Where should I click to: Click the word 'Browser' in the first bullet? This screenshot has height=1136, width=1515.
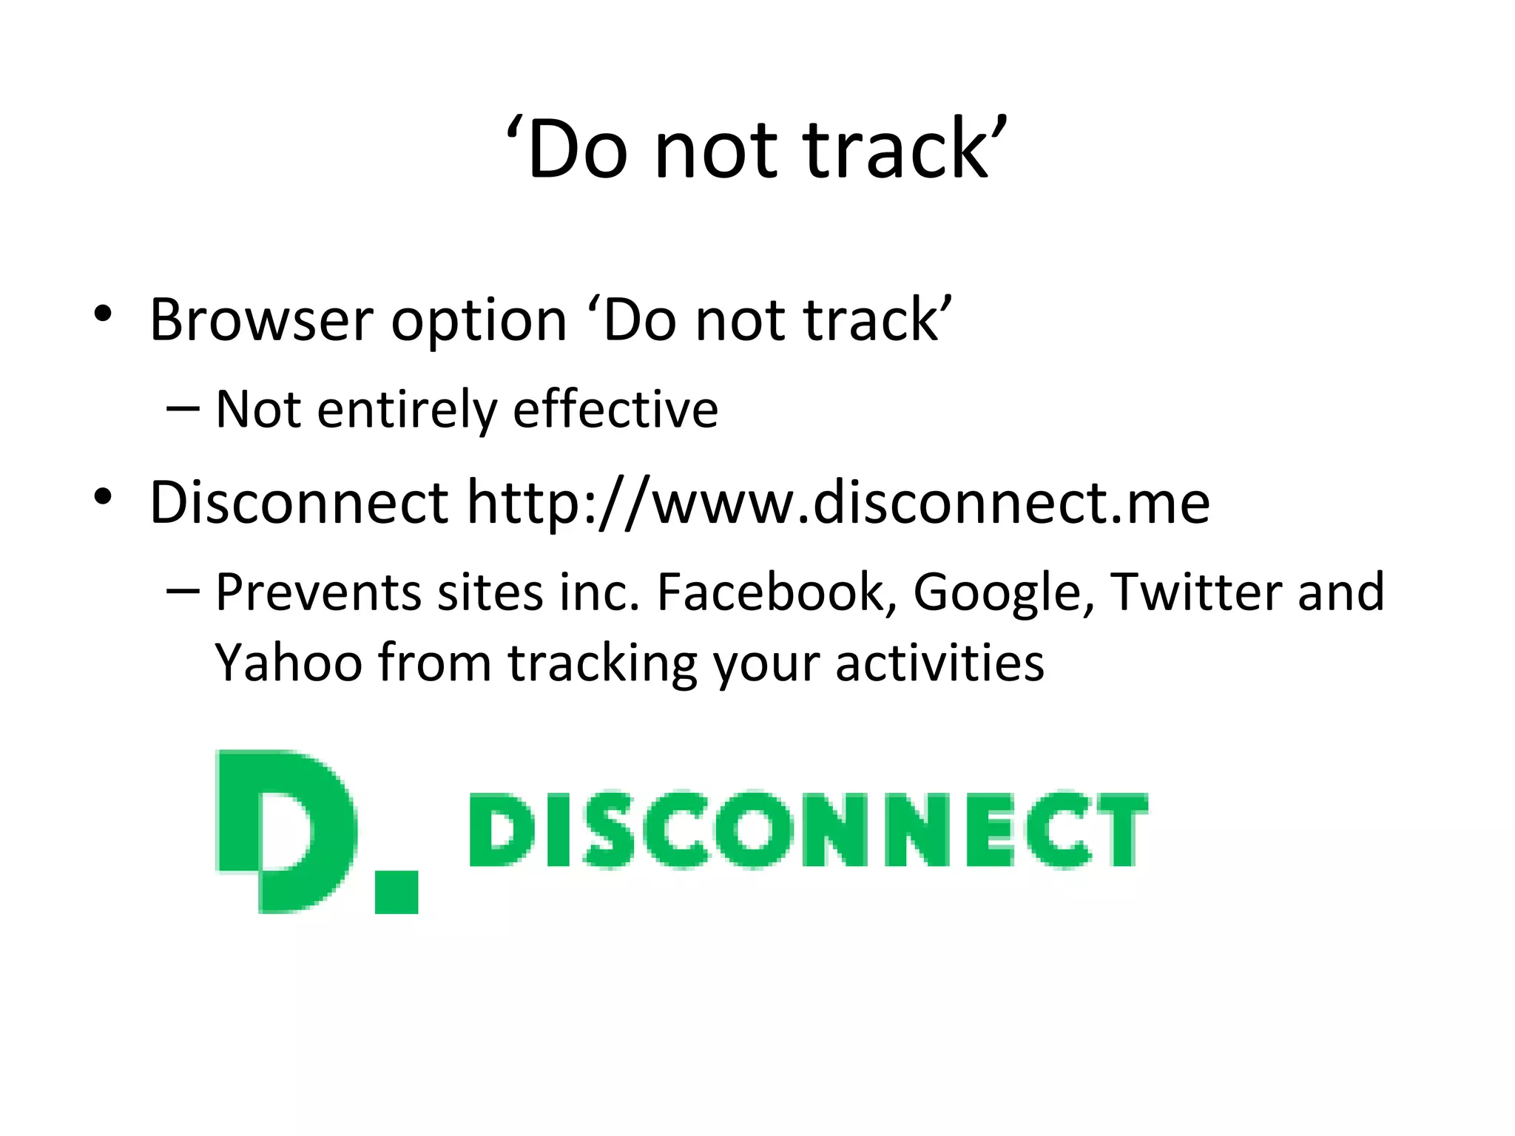261,320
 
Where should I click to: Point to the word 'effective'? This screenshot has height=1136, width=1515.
615,409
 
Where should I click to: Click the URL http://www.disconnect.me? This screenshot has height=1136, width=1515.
838,503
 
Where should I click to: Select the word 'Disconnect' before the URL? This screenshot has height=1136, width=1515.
299,503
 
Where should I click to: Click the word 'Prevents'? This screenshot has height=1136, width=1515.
318,592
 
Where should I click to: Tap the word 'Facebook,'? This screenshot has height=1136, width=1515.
777,592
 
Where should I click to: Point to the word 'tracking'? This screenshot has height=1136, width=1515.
602,664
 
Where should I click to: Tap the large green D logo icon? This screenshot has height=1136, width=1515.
285,830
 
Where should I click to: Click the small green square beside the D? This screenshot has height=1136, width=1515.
397,892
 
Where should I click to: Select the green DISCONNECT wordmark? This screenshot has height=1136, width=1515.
808,829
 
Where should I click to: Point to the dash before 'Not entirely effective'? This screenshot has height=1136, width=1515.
183,409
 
